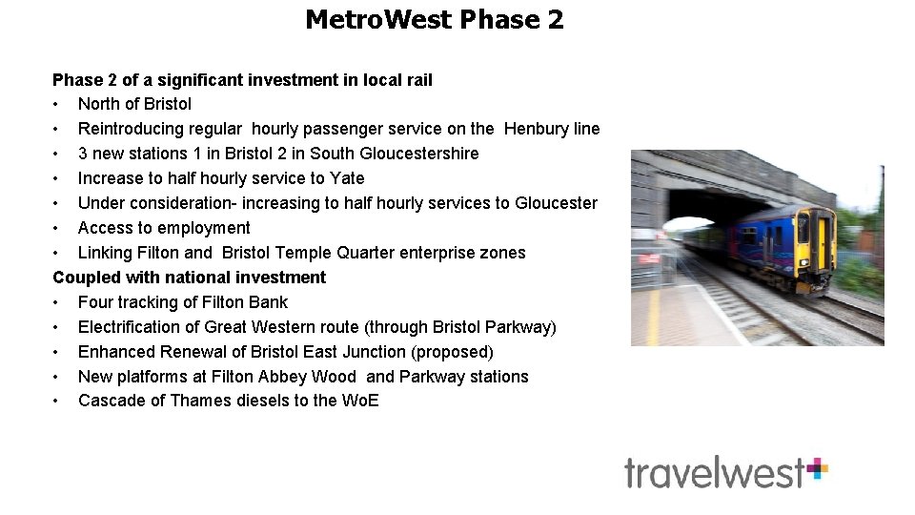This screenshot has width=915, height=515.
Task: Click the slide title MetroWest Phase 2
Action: coord(434,19)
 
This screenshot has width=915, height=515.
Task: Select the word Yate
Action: coord(347,178)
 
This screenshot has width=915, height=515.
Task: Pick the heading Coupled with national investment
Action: coord(189,278)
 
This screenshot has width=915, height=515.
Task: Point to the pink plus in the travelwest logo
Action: coord(817,468)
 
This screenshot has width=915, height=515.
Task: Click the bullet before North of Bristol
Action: coord(57,104)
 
